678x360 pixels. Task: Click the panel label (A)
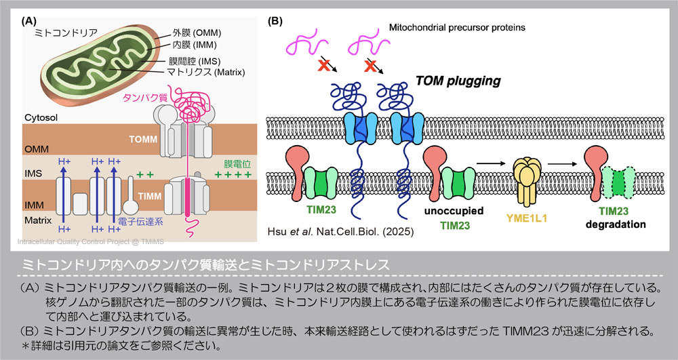30,20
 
